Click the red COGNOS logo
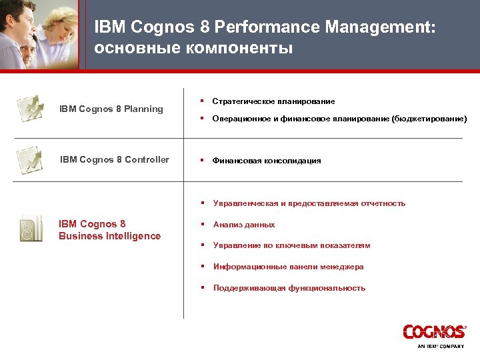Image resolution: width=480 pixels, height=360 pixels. [x=434, y=332]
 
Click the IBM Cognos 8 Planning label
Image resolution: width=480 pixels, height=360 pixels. [x=111, y=109]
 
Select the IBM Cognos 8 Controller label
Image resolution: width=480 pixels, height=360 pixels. [x=115, y=159]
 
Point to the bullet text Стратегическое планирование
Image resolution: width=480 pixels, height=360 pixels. [x=273, y=101]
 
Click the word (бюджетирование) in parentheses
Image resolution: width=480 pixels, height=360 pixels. [x=429, y=119]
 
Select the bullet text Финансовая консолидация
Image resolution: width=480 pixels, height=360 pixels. [x=267, y=161]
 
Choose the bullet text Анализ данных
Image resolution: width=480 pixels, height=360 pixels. [x=244, y=225]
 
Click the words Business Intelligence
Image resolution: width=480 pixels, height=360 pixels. [x=109, y=236]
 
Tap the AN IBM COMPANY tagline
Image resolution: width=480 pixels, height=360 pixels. [x=441, y=347]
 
